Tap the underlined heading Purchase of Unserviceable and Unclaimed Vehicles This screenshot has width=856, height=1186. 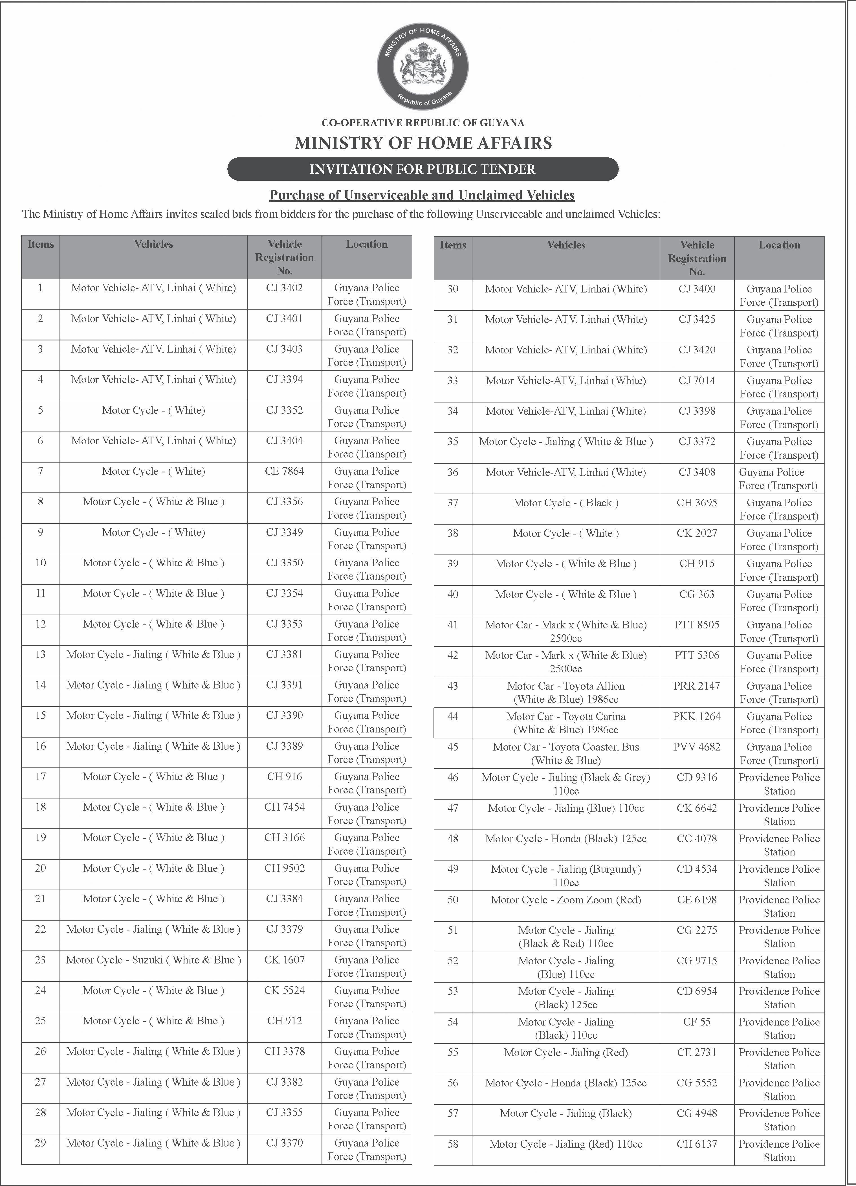point(422,195)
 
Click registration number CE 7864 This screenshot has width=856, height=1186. point(285,471)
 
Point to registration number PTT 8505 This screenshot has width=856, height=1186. point(697,625)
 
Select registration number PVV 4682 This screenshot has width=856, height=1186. point(697,747)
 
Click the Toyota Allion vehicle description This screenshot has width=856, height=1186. point(566,692)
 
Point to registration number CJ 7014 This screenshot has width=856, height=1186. point(697,381)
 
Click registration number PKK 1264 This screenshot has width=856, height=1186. point(697,716)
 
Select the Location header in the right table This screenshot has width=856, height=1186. point(779,245)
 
